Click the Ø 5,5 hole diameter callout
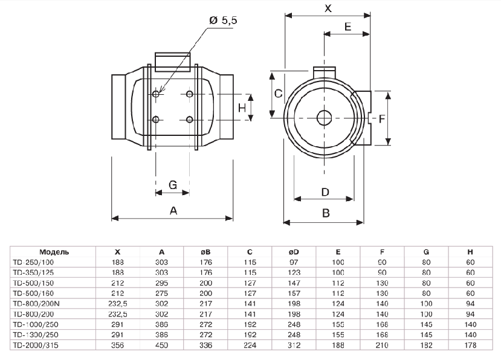[x=223, y=21]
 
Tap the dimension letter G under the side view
[x=172, y=185]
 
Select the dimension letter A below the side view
[x=173, y=211]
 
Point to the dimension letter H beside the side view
[x=242, y=108]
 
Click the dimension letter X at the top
[x=328, y=8]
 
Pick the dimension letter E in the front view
[x=347, y=27]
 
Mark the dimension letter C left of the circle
[x=278, y=93]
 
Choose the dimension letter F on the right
[x=382, y=119]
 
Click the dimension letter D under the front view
[x=325, y=192]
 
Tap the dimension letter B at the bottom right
[x=326, y=213]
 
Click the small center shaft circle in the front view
[x=324, y=118]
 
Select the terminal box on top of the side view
[x=173, y=62]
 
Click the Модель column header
[x=54, y=252]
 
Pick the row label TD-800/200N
[x=36, y=303]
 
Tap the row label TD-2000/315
[x=36, y=346]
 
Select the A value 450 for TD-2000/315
[x=162, y=346]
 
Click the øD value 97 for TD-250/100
[x=294, y=262]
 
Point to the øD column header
[x=294, y=252]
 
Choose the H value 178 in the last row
[x=470, y=346]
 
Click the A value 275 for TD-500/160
[x=162, y=293]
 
